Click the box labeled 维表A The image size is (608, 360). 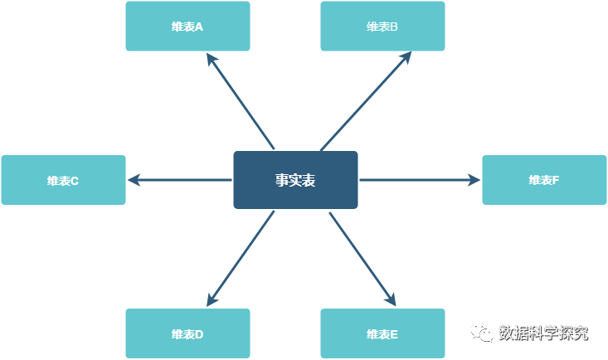(x=187, y=26)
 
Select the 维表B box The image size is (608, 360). (x=382, y=26)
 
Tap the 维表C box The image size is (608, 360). (x=64, y=180)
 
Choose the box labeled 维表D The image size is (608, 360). (x=187, y=333)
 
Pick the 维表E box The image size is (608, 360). (x=382, y=333)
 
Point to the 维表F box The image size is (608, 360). (x=544, y=180)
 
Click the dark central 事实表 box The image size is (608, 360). (x=295, y=180)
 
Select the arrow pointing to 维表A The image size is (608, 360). (x=241, y=101)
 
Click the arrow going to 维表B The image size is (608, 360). (x=366, y=101)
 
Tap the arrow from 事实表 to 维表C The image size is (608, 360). (x=179, y=180)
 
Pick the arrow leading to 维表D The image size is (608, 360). (x=241, y=259)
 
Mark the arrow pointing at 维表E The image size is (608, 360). (x=362, y=259)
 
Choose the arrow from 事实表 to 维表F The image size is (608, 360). (x=420, y=180)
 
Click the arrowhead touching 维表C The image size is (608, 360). (x=134, y=180)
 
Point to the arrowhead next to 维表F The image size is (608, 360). (x=474, y=180)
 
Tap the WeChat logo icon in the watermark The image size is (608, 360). (x=482, y=333)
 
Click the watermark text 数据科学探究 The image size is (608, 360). (x=543, y=333)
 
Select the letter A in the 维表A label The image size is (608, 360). (x=199, y=27)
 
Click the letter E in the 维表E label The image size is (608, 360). (x=394, y=334)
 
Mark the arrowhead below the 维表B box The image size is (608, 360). (x=406, y=58)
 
